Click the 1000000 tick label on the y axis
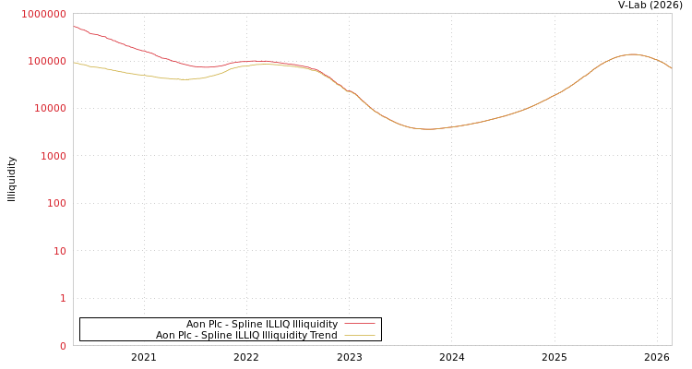[43, 14]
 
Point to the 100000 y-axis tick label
[46, 61]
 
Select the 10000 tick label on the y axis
[49, 109]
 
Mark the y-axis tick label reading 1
[63, 298]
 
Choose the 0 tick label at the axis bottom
[63, 346]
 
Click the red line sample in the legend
[359, 324]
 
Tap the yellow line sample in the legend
[359, 335]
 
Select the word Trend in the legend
[324, 335]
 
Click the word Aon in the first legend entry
[196, 324]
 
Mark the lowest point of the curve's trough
[428, 129]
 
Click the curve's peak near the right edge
[632, 54]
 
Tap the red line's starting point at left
[74, 26]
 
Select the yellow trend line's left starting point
[74, 63]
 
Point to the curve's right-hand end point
[671, 69]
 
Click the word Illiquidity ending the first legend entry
[315, 324]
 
